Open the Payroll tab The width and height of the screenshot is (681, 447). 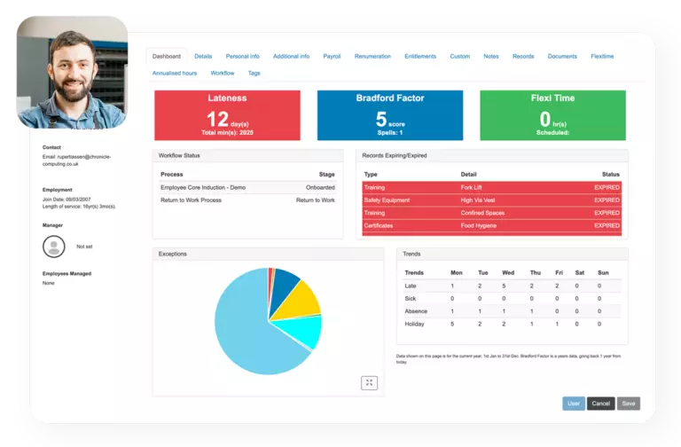pyautogui.click(x=332, y=56)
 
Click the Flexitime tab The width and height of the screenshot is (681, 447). pyautogui.click(x=602, y=56)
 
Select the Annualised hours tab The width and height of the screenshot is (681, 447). pyautogui.click(x=175, y=73)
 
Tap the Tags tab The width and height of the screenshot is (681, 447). pyautogui.click(x=254, y=73)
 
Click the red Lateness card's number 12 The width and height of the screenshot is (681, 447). pyautogui.click(x=217, y=119)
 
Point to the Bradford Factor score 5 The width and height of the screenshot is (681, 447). pyautogui.click(x=380, y=119)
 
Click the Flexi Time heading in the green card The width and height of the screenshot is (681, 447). pyautogui.click(x=552, y=98)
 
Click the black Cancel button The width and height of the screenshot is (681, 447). pyautogui.click(x=600, y=404)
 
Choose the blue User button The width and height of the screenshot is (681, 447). pyautogui.click(x=574, y=404)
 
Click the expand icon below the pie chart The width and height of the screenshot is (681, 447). pyautogui.click(x=370, y=382)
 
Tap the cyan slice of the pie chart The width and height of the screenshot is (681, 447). pyautogui.click(x=306, y=330)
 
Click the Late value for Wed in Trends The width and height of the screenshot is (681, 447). pyautogui.click(x=503, y=286)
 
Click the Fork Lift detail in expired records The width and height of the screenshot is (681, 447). pyautogui.click(x=472, y=188)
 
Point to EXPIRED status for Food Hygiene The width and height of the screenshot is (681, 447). pyautogui.click(x=607, y=225)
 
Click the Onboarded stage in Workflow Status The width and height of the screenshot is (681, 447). pyautogui.click(x=320, y=188)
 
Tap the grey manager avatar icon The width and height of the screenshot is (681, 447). pyautogui.click(x=54, y=247)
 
